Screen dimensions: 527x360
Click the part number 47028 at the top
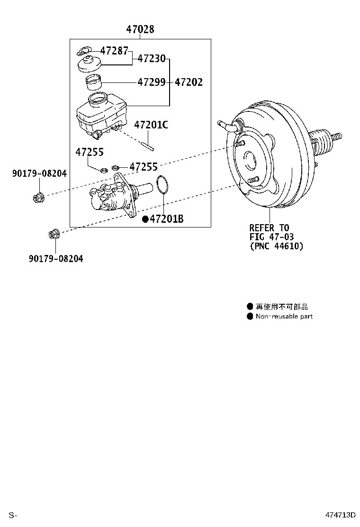click(140, 29)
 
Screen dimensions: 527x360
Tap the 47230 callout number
click(152, 59)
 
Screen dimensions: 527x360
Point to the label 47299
click(152, 82)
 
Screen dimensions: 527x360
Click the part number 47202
click(189, 82)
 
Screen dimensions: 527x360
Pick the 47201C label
click(151, 125)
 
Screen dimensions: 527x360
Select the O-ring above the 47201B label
click(162, 185)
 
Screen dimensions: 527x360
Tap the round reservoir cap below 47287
click(90, 64)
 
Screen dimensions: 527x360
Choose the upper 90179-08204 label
click(39, 174)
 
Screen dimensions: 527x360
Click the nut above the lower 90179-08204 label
click(54, 234)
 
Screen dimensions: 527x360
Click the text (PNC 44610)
click(276, 246)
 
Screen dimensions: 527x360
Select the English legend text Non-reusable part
click(284, 317)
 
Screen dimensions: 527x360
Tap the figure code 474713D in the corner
click(340, 515)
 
